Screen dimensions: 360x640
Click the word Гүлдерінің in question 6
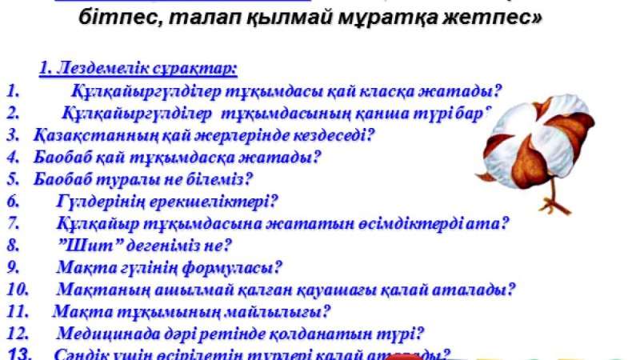[101, 202]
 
